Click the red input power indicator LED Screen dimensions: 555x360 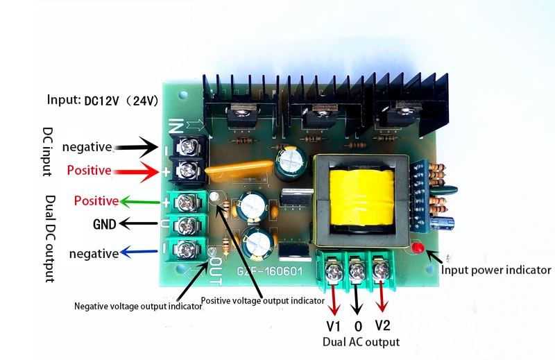pyautogui.click(x=418, y=248)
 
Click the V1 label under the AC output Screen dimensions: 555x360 pyautogui.click(x=333, y=326)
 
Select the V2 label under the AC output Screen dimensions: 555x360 pyautogui.click(x=383, y=325)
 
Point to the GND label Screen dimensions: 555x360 pyautogui.click(x=105, y=224)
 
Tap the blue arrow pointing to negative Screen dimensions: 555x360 pyautogui.click(x=138, y=252)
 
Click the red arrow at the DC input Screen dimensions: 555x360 pyautogui.click(x=136, y=172)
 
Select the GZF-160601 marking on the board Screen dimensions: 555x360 pyautogui.click(x=270, y=271)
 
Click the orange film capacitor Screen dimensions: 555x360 pyautogui.click(x=239, y=171)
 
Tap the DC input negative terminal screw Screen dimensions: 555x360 pyautogui.click(x=186, y=146)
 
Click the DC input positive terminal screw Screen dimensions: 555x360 pyautogui.click(x=187, y=171)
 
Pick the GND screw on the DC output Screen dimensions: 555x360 pyautogui.click(x=185, y=225)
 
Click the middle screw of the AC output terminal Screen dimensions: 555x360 pyautogui.click(x=357, y=271)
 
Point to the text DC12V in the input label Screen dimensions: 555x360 pyautogui.click(x=101, y=101)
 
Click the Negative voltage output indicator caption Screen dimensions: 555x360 pyautogui.click(x=138, y=306)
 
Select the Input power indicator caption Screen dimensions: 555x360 pyautogui.click(x=496, y=270)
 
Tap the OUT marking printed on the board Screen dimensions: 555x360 pyautogui.click(x=216, y=271)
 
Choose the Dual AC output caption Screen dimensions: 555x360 pyautogui.click(x=361, y=342)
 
